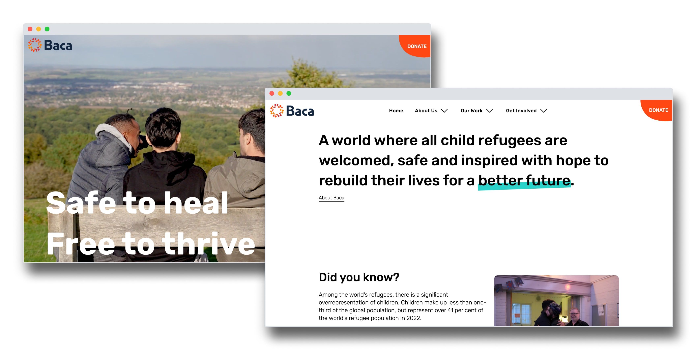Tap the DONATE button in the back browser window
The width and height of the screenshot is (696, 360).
[417, 46]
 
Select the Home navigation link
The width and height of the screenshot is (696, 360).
[396, 111]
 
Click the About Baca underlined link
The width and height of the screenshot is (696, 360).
[331, 198]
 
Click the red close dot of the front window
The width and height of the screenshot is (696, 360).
[272, 93]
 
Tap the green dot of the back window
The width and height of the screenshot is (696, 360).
[47, 29]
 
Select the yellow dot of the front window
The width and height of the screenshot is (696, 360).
[280, 93]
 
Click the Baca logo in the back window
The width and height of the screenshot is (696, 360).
[50, 45]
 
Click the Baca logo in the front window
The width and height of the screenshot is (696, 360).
[292, 111]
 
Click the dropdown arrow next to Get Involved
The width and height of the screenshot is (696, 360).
[544, 111]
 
